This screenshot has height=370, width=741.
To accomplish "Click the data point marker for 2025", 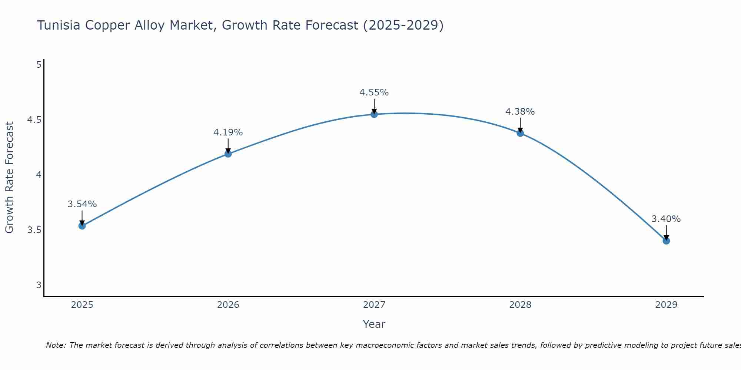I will coord(82,226).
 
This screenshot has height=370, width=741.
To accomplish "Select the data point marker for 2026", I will coord(228,154).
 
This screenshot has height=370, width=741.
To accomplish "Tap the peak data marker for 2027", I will coord(374,114).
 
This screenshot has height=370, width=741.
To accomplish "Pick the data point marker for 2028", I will coord(520,133).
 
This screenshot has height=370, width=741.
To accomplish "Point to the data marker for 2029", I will coord(666,241).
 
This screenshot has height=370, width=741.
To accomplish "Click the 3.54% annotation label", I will coord(82,204).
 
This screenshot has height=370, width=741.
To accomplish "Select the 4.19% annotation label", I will coord(228,132).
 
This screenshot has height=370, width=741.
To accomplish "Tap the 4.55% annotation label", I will coord(374,92).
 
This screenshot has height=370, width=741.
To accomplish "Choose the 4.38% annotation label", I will coord(520,112).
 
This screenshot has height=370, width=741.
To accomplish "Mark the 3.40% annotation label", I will coord(666,219).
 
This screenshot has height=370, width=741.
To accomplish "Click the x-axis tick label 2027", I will coord(374,305).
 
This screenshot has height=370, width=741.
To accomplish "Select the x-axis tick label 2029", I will coord(666,305).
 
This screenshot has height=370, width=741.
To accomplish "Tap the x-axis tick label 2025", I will coord(82,305).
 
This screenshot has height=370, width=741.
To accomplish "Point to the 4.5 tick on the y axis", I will coord(34,120).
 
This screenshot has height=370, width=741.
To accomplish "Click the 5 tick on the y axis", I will coord(39,65).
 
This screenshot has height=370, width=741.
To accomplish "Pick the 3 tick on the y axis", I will coord(39,285).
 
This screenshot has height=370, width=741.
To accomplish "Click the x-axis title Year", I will coord(374,324).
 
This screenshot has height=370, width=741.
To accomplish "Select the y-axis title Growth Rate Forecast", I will coord(10,178).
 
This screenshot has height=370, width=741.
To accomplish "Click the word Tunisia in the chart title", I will coord(59,26).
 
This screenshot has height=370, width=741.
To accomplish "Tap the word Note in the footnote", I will coord(56,345).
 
